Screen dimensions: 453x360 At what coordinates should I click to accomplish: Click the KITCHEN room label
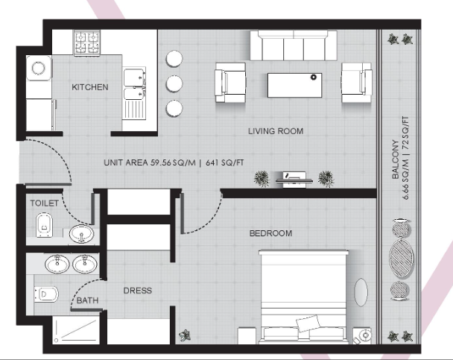coord(90,87)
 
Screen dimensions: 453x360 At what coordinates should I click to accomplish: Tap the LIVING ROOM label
coord(276,131)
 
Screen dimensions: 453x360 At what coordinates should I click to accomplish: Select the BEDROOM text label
coord(270,233)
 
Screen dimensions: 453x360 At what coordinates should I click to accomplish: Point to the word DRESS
coord(138,291)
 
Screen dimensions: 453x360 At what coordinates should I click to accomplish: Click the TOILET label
coord(44,203)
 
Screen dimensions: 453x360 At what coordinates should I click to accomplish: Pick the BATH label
coord(87,300)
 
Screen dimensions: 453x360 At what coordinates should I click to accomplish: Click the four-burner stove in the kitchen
coord(87,42)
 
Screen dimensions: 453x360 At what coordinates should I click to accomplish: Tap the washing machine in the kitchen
coord(39,69)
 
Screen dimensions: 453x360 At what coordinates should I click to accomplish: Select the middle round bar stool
coord(174,83)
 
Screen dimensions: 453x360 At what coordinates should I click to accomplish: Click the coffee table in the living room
coord(295,85)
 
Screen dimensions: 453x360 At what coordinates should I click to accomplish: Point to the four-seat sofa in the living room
coord(294,45)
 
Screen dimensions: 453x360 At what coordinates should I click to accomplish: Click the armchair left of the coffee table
coord(230,83)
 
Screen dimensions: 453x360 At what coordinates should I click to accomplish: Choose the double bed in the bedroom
coord(303,297)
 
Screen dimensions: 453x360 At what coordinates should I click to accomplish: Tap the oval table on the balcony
coord(402,259)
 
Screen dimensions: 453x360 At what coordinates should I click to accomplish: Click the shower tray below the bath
coord(76,330)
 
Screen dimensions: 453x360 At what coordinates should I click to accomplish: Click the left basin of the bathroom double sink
coord(57,264)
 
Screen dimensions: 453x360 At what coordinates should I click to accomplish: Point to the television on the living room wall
coord(294,179)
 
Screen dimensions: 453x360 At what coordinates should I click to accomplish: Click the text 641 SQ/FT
coord(225,162)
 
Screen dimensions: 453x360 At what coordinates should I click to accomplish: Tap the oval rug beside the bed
coord(361,292)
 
